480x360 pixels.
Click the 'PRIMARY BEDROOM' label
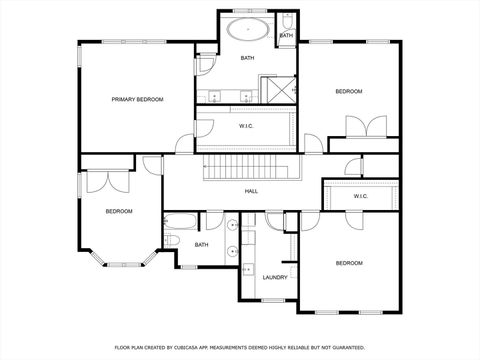137,99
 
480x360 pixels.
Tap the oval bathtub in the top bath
246,29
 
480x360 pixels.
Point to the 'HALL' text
253,190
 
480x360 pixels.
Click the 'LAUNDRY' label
275,277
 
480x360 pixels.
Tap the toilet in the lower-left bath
172,241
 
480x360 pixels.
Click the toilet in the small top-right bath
286,21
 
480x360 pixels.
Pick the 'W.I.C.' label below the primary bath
247,126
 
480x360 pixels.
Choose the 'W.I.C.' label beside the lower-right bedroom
361,196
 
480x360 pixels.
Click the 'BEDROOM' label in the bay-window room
119,211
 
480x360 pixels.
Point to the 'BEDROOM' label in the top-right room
348,92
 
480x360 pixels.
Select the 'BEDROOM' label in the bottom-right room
348,263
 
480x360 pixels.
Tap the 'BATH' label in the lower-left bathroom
201,245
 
